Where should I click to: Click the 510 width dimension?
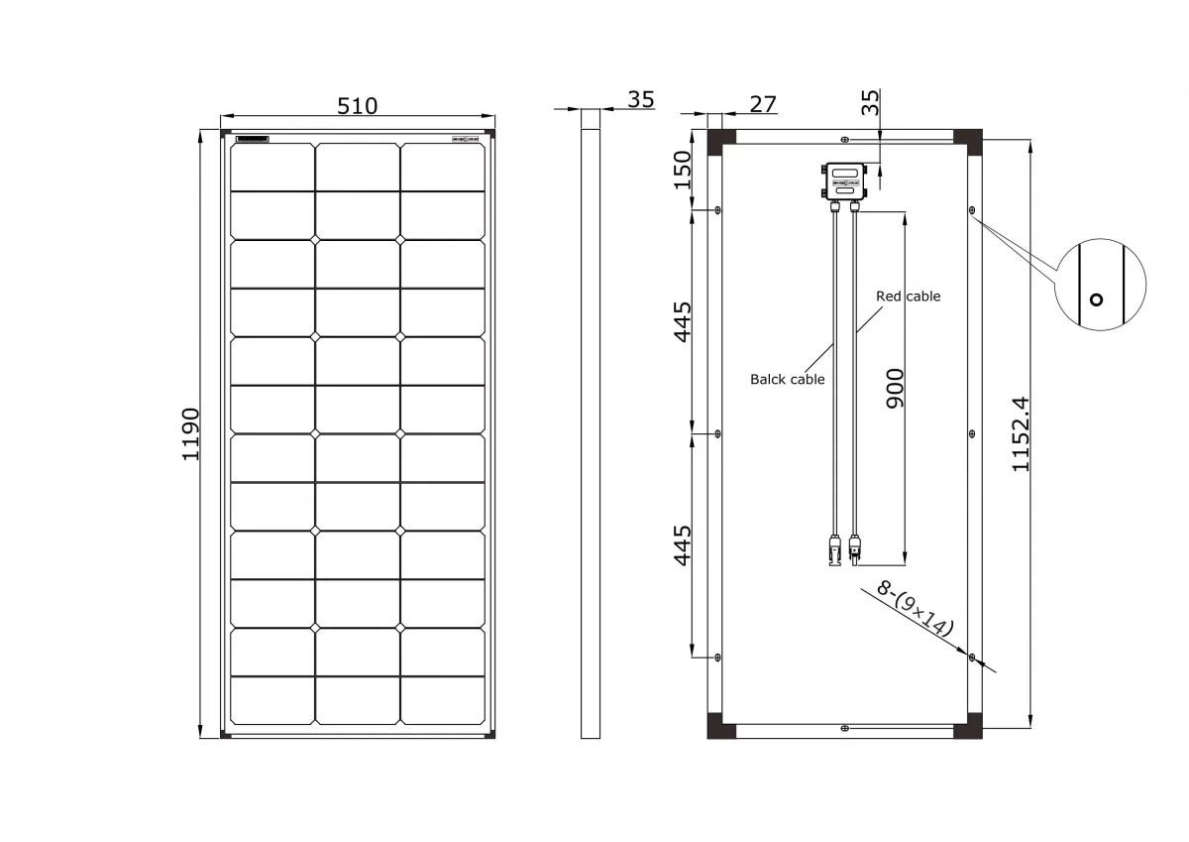[357, 105]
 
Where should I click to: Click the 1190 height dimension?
[190, 433]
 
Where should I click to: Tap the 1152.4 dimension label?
[1022, 433]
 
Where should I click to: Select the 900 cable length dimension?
[895, 391]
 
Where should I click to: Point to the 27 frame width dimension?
[763, 103]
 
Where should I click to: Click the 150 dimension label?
[682, 170]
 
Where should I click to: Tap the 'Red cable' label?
[908, 297]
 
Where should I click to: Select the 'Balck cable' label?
[787, 379]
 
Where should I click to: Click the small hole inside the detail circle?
[1095, 300]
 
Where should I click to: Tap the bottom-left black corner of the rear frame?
[720, 724]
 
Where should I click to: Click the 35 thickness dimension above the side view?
[641, 100]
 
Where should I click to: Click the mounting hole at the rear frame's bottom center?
[844, 728]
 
